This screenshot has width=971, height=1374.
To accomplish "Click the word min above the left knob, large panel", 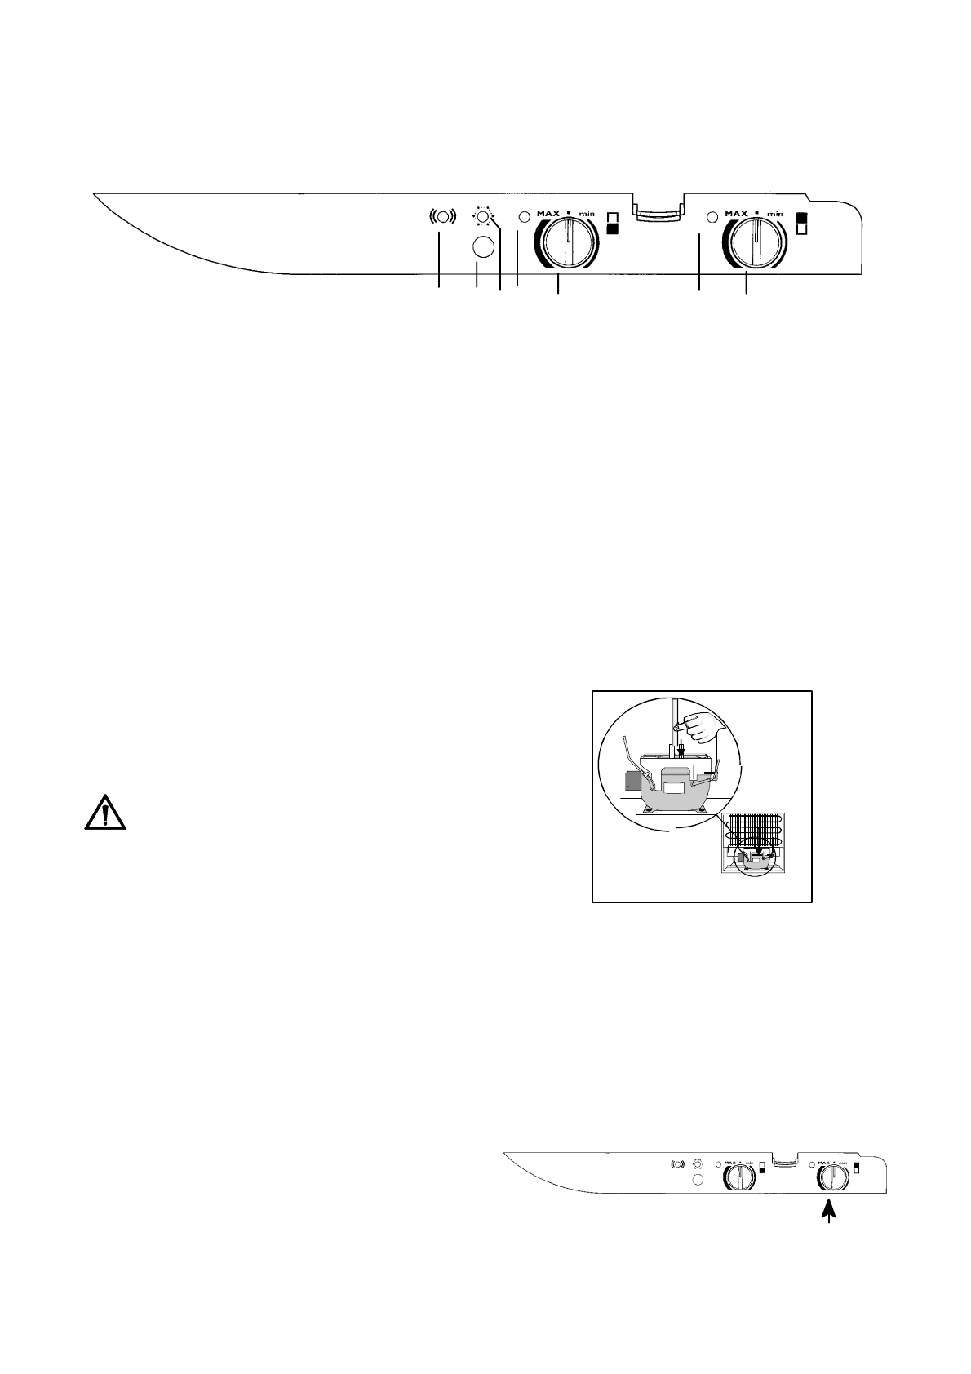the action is pos(587,214).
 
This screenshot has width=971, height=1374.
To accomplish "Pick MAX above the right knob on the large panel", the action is pos(737,214).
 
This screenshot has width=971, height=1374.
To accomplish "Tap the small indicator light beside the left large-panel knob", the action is pos(525,217).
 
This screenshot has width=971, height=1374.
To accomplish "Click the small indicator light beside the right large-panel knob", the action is pos(712,217).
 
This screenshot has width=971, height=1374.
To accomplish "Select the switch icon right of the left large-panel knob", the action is pos(612,223).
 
